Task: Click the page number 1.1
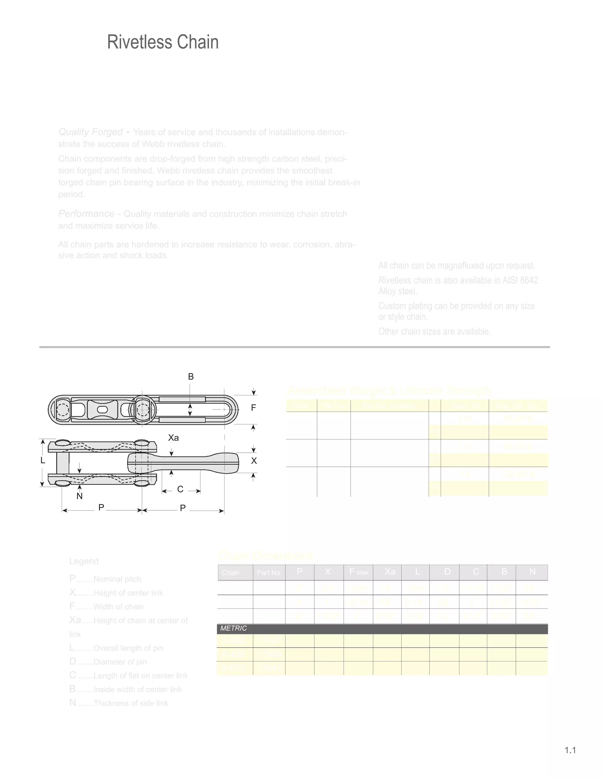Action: click(x=570, y=750)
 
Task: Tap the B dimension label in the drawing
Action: click(x=191, y=376)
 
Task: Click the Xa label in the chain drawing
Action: click(x=173, y=438)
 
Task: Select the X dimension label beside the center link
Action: click(x=254, y=461)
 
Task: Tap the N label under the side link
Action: click(x=80, y=496)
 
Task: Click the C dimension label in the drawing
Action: click(x=180, y=489)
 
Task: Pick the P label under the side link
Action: click(x=101, y=507)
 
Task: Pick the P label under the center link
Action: click(x=183, y=508)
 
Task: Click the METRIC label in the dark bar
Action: click(x=234, y=628)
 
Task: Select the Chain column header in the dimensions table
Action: click(x=230, y=572)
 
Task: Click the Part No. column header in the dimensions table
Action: click(x=269, y=572)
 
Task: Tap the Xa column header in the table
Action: click(x=390, y=572)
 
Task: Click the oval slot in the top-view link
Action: click(x=102, y=409)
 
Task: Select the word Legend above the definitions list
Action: click(x=84, y=561)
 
